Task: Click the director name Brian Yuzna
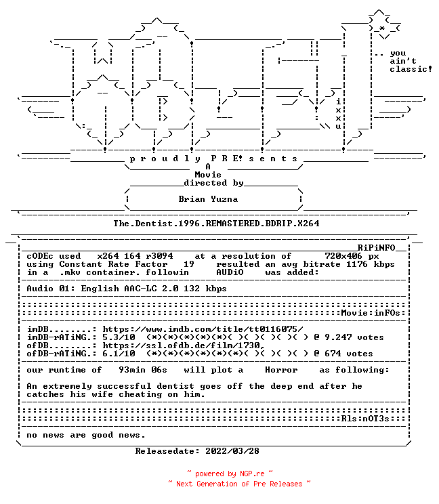click(208, 199)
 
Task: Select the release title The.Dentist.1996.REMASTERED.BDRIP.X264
click(216, 224)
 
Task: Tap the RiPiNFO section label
click(376, 248)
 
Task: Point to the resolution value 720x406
click(343, 256)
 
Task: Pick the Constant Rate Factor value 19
click(189, 264)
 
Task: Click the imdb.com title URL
click(203, 329)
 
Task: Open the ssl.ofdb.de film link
click(184, 345)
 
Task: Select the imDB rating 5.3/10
click(119, 337)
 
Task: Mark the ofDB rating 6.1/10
click(119, 354)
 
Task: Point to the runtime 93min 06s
click(143, 370)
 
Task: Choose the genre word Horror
click(281, 370)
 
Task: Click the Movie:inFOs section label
click(371, 313)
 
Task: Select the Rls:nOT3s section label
click(365, 419)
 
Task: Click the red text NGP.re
click(252, 474)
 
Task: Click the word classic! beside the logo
click(411, 69)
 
